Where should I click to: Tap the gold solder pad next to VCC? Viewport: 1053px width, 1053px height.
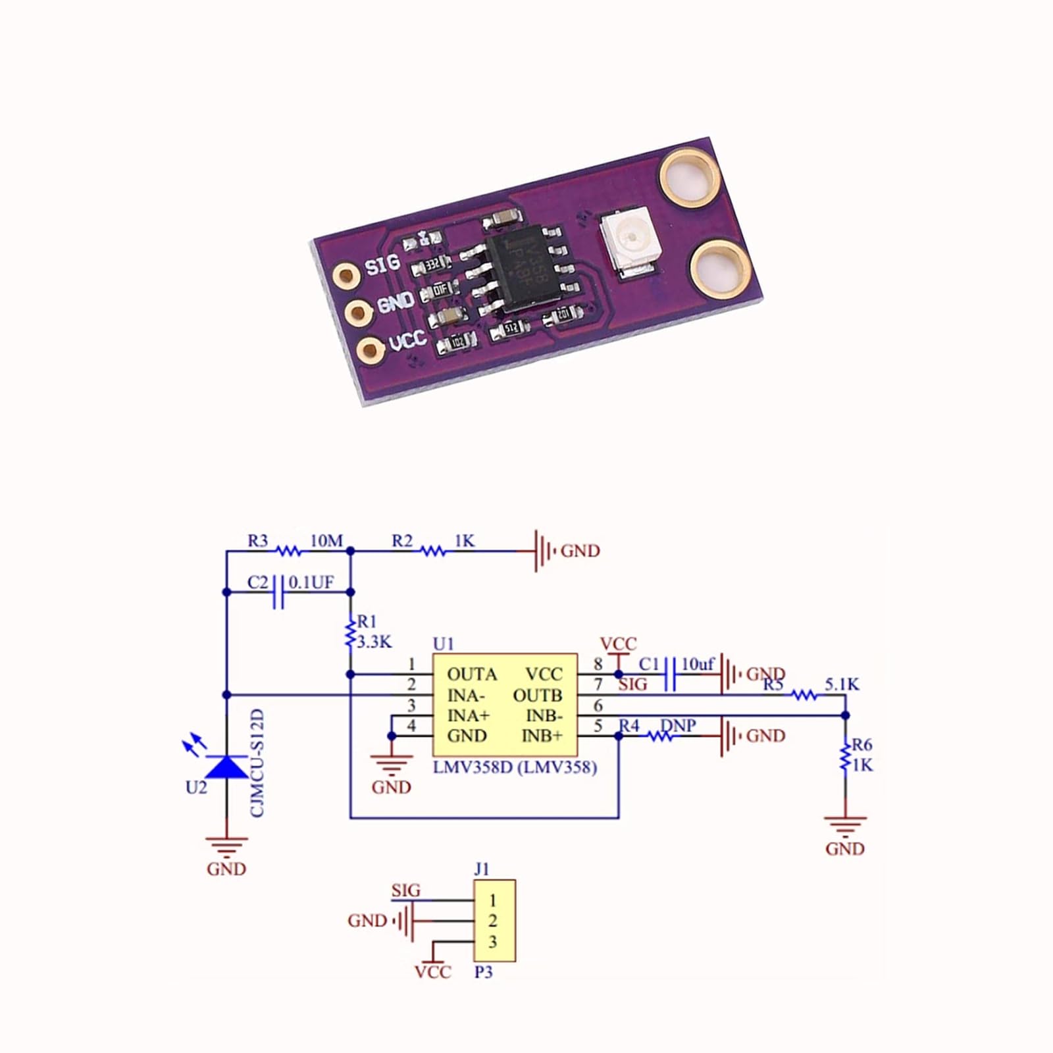[371, 350]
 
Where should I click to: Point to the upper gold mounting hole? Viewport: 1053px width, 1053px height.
[689, 176]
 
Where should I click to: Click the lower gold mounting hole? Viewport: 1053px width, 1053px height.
[720, 268]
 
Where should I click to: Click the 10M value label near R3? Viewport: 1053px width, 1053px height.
[326, 541]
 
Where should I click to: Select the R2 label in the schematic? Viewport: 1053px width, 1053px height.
[402, 541]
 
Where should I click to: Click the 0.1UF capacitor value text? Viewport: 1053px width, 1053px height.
[311, 582]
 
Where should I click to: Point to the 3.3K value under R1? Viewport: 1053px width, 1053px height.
[374, 642]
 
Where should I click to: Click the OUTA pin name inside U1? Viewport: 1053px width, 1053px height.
[472, 675]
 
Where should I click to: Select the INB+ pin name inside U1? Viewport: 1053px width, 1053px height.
[542, 736]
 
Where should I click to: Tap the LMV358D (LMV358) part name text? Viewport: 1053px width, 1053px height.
[515, 767]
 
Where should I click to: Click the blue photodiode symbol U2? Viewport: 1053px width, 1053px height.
[226, 766]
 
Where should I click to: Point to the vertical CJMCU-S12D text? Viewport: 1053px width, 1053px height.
[257, 763]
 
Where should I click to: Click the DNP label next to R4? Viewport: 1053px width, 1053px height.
[678, 725]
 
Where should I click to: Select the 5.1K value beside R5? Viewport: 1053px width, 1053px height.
[842, 684]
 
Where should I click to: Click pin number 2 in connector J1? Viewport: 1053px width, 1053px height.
[493, 921]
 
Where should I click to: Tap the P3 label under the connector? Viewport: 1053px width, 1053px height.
[484, 972]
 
